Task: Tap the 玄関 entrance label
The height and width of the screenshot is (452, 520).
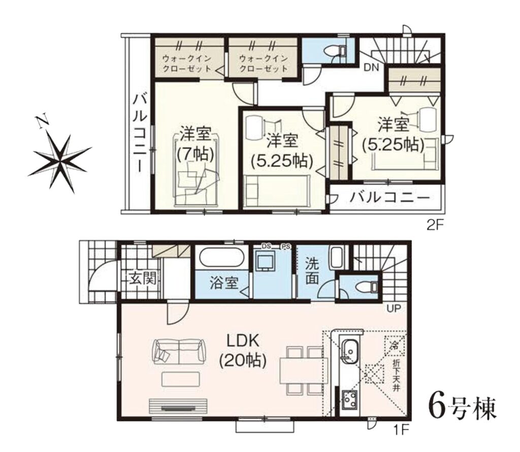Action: point(143,278)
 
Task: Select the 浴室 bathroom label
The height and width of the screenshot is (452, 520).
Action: point(224,283)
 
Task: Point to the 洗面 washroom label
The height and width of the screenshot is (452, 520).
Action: point(312,270)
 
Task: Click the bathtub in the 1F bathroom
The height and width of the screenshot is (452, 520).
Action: point(221,258)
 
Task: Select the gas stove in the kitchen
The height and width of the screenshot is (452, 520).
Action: point(349,400)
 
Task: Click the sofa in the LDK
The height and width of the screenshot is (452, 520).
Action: point(179,351)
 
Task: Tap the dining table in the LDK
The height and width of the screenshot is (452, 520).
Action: point(301,370)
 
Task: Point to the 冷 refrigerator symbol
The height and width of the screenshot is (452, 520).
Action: point(395,345)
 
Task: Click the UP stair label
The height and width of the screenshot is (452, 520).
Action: point(394,309)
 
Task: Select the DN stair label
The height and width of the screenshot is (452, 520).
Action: point(371,68)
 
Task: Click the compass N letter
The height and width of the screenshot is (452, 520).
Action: point(42,122)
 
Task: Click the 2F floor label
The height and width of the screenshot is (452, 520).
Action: point(435,226)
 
